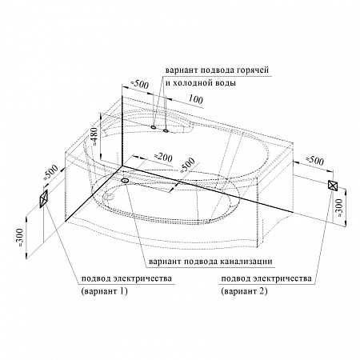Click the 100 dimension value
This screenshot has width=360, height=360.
tap(196, 99)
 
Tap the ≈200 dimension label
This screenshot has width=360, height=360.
tap(162, 158)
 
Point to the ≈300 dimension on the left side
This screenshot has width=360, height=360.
tap(21, 237)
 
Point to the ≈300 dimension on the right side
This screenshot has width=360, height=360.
tap(339, 207)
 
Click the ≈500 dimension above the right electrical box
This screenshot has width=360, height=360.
tap(314, 160)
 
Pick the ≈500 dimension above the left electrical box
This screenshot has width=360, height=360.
tap(50, 173)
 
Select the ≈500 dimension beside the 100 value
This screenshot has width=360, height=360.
tap(139, 84)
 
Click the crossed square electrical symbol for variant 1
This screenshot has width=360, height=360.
tap(43, 198)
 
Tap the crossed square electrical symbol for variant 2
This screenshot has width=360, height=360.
tap(333, 185)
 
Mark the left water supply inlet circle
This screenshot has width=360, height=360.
tap(154, 127)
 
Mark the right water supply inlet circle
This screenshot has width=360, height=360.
tap(166, 130)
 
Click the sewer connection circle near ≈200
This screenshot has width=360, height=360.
tap(125, 181)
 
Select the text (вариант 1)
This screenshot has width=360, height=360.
tap(104, 291)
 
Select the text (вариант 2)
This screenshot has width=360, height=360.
tap(244, 291)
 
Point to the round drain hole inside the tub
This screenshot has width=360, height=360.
tap(109, 198)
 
